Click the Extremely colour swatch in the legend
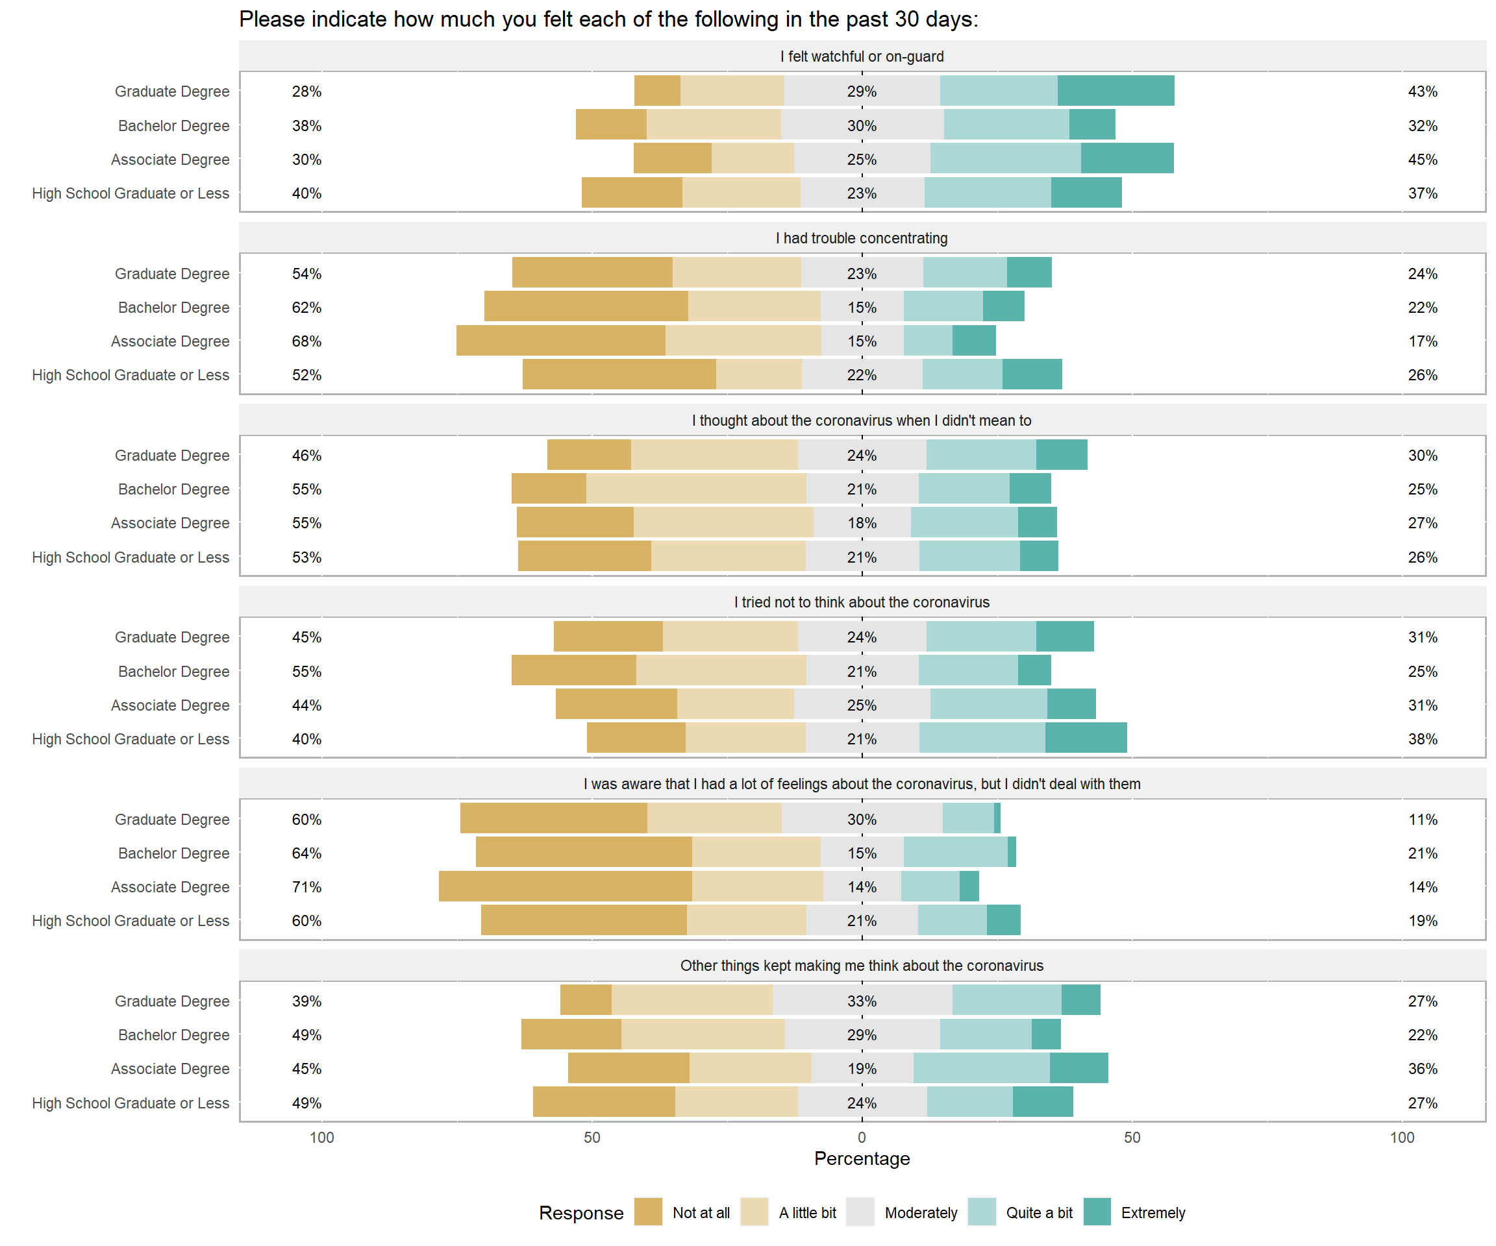[x=1097, y=1212]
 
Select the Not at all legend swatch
[x=648, y=1212]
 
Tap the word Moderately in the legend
[x=921, y=1212]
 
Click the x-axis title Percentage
[x=862, y=1158]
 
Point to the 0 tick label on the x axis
[x=862, y=1137]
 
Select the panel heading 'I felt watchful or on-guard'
[x=862, y=56]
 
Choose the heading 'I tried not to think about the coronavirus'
[x=862, y=602]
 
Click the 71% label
[x=306, y=886]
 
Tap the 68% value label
[x=306, y=341]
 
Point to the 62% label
[x=306, y=307]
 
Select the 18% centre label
[x=862, y=522]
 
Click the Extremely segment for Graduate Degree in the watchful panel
[x=1116, y=91]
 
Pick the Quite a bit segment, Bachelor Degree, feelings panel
[x=955, y=852]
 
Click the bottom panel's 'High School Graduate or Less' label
[x=131, y=1102]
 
